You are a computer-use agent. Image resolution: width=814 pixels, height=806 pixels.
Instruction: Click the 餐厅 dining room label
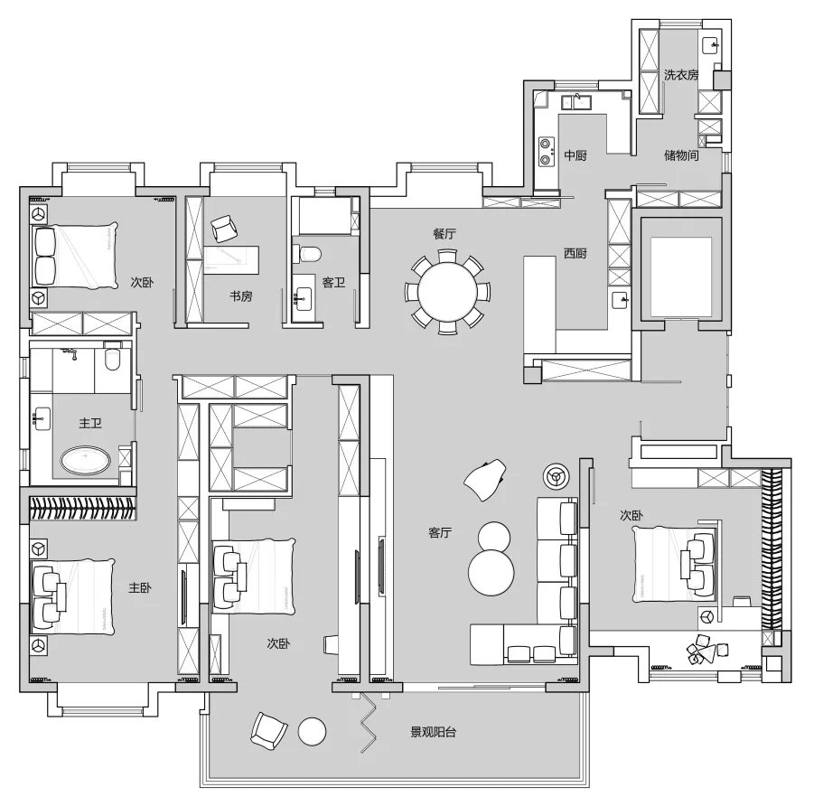point(444,233)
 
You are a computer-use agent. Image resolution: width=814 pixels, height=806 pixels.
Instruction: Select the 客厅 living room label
point(440,533)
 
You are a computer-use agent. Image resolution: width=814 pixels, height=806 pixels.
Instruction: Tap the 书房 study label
point(240,295)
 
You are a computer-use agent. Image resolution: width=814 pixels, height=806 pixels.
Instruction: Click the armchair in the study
point(223,229)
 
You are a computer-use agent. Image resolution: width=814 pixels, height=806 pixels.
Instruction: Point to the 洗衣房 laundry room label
point(681,75)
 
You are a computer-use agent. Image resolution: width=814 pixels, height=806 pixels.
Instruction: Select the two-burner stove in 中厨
point(546,152)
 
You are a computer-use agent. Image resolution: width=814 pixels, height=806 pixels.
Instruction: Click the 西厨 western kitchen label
point(575,253)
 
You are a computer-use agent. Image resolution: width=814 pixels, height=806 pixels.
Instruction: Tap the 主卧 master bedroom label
point(140,587)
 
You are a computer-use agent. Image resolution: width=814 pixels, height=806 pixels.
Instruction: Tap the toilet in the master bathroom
point(112,361)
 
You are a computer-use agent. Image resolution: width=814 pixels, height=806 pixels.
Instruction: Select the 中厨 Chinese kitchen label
point(575,155)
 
